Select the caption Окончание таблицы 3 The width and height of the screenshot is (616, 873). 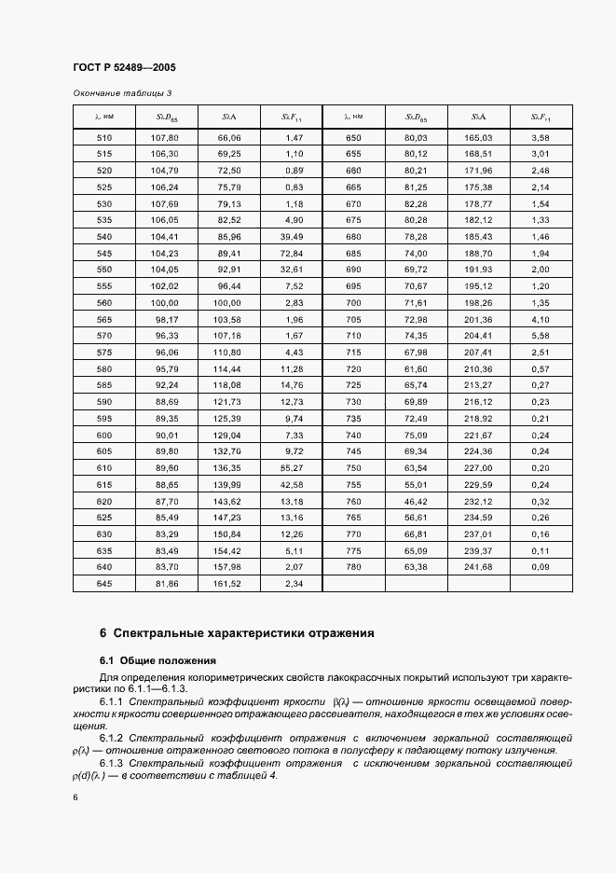[x=122, y=92]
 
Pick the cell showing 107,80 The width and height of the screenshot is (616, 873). [x=164, y=138]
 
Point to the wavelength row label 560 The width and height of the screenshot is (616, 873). [x=104, y=303]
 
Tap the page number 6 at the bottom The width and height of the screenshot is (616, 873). [x=75, y=797]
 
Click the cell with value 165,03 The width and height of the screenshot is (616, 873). [x=477, y=138]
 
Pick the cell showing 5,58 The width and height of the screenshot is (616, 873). [x=541, y=336]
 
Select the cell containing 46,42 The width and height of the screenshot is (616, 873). [x=416, y=501]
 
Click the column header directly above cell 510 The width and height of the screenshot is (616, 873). [x=104, y=117]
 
